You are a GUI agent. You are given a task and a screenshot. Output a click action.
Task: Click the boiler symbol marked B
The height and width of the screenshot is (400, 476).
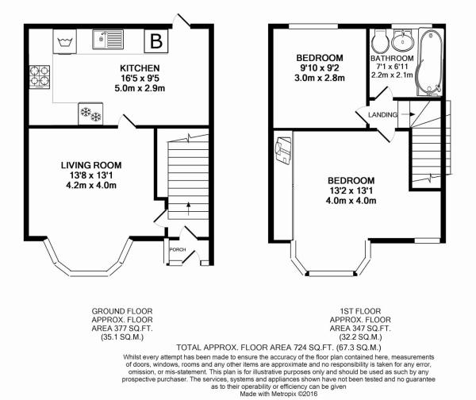pyautogui.click(x=156, y=40)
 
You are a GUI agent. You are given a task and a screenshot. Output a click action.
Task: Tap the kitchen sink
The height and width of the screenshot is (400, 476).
pyautogui.click(x=106, y=37)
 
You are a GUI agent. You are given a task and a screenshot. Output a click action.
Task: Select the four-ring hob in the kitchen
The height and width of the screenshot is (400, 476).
pyautogui.click(x=37, y=77)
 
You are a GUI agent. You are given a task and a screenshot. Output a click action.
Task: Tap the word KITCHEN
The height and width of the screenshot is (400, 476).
pyautogui.click(x=140, y=68)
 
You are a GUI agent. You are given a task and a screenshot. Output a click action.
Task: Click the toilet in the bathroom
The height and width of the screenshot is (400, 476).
pyautogui.click(x=379, y=40)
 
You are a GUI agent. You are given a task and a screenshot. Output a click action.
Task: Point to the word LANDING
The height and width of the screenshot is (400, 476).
pyautogui.click(x=382, y=116)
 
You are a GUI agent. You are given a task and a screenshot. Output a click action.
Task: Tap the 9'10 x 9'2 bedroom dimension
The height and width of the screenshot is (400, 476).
pyautogui.click(x=320, y=69)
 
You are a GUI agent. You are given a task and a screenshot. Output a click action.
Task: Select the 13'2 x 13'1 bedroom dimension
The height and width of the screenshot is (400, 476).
pyautogui.click(x=350, y=190)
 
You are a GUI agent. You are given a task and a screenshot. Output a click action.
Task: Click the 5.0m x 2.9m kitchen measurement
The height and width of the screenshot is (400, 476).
pyautogui.click(x=140, y=89)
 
